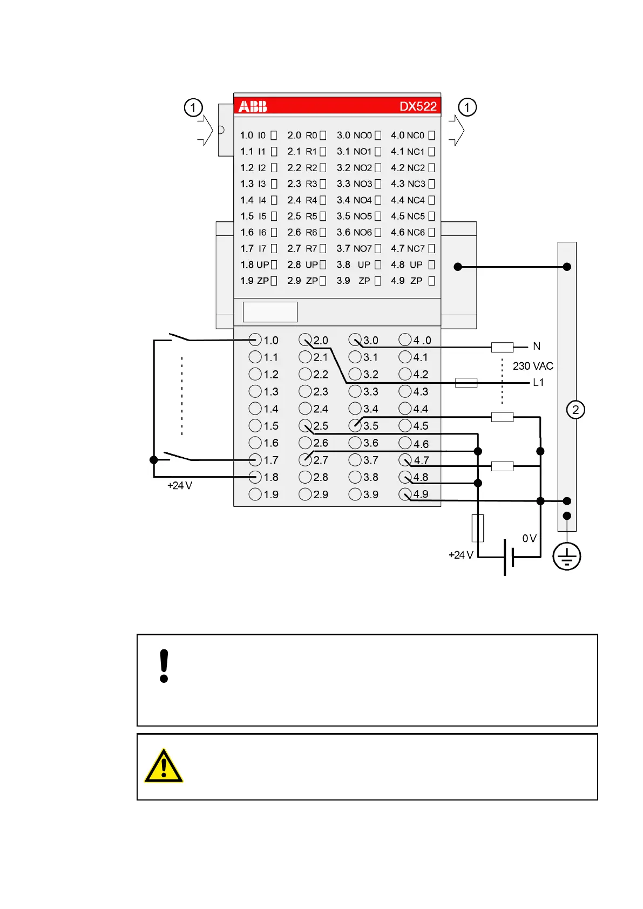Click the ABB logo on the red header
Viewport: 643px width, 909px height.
click(253, 106)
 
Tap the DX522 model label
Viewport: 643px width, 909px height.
click(417, 106)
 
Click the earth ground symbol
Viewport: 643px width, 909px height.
click(566, 557)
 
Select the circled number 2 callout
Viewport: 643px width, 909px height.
click(576, 410)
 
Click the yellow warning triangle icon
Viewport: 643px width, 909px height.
click(164, 766)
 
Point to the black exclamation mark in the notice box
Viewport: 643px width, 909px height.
click(164, 666)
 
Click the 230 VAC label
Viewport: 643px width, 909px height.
click(532, 366)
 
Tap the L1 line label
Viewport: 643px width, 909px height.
click(538, 383)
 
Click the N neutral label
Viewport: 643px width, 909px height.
click(536, 346)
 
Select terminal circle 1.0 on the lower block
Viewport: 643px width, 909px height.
click(255, 340)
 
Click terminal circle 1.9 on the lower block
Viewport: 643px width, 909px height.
click(255, 494)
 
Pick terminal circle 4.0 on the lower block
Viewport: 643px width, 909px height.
click(405, 340)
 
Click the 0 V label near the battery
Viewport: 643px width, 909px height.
click(529, 538)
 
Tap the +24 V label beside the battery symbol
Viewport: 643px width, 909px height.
click(461, 555)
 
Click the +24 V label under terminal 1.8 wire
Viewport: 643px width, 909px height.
click(180, 485)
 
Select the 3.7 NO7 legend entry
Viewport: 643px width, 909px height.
click(355, 248)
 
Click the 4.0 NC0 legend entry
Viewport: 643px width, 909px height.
click(408, 135)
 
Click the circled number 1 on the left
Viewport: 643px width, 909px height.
click(193, 107)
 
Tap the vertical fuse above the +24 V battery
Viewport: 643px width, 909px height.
click(478, 528)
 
